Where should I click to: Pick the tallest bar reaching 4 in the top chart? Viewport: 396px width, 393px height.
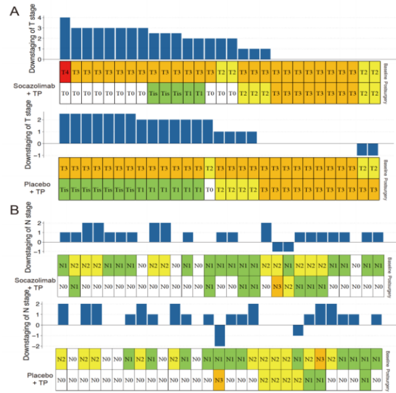point(65,38)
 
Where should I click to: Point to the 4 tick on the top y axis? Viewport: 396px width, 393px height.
point(56,17)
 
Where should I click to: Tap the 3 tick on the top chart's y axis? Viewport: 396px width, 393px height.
point(56,28)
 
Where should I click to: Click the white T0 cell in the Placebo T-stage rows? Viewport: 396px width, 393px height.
point(209,188)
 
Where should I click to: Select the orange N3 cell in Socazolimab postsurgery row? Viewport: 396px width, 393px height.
point(276,286)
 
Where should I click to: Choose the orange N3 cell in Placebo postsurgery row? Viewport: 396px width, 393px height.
point(219,379)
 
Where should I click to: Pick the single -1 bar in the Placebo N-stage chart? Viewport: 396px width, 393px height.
point(298,330)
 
